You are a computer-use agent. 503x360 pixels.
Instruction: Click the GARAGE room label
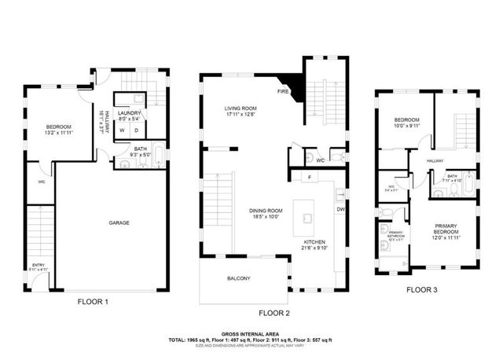pyautogui.click(x=119, y=222)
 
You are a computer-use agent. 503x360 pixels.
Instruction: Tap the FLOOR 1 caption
pyautogui.click(x=93, y=301)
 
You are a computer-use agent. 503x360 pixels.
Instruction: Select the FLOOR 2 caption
pyautogui.click(x=275, y=313)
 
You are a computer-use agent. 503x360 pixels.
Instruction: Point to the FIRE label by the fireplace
pyautogui.click(x=282, y=91)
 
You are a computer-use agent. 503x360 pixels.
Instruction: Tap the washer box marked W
pyautogui.click(x=122, y=130)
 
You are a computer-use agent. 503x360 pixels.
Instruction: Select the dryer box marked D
pyautogui.click(x=136, y=130)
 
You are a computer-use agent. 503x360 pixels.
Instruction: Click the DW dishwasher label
pyautogui.click(x=340, y=209)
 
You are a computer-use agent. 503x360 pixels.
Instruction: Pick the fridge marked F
pyautogui.click(x=310, y=178)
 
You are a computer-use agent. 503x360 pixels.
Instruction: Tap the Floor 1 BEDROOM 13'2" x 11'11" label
pyautogui.click(x=59, y=129)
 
